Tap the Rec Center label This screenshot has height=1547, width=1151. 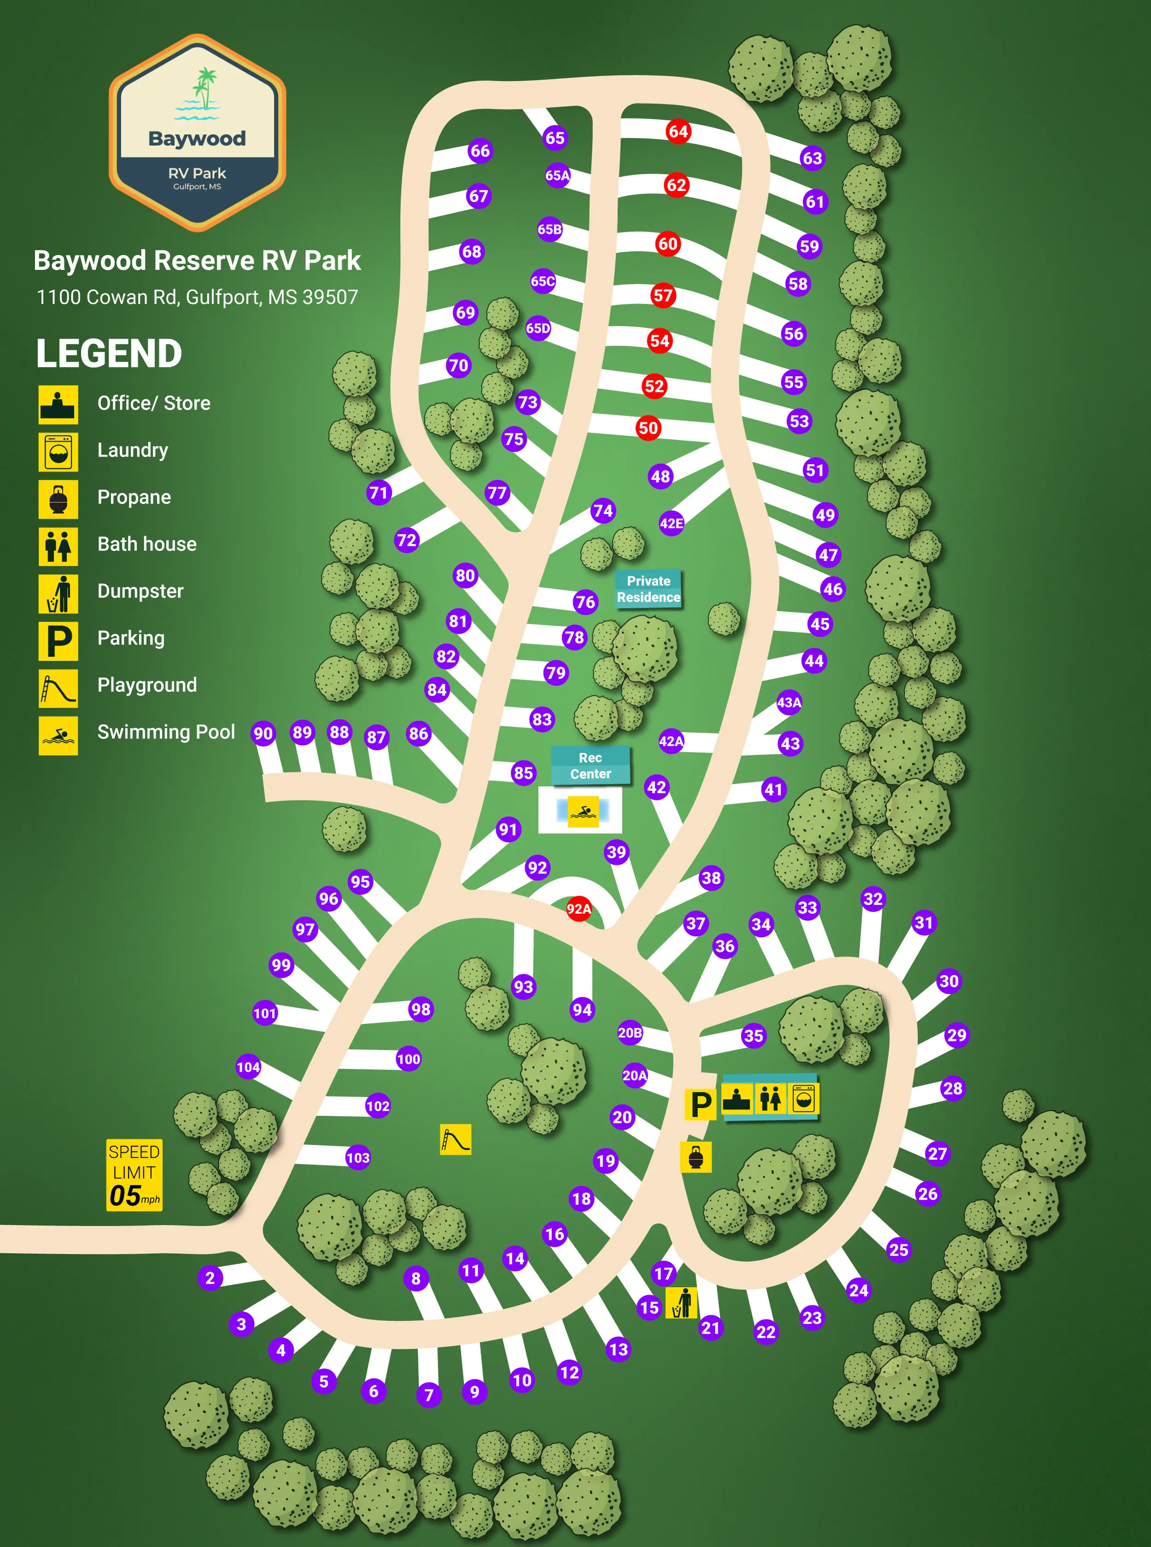click(x=590, y=765)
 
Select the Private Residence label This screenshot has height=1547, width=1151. click(x=648, y=589)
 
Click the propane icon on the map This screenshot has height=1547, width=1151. click(x=695, y=1157)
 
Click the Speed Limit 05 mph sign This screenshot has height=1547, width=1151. click(x=134, y=1175)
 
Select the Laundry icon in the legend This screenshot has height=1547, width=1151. click(x=58, y=451)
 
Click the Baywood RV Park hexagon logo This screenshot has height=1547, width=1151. click(x=197, y=132)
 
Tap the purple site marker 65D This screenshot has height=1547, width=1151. click(x=538, y=328)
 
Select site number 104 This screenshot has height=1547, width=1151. click(x=248, y=1067)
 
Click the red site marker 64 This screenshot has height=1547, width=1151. click(x=678, y=131)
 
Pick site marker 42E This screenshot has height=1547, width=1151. click(x=671, y=523)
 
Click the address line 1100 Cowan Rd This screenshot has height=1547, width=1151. click(x=197, y=298)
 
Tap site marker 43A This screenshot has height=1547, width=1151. click(x=789, y=702)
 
